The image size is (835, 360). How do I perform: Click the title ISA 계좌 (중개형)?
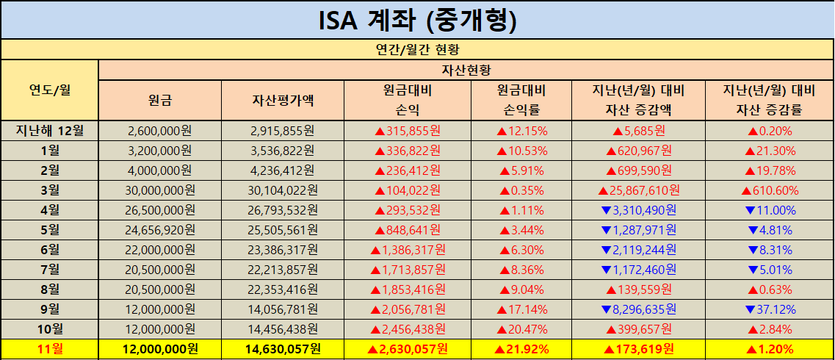click(417, 20)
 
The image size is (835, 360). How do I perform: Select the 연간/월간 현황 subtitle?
click(417, 50)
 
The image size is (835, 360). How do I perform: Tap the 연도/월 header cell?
click(49, 90)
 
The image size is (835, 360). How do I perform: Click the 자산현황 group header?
click(466, 71)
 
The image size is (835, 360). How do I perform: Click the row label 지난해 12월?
click(49, 131)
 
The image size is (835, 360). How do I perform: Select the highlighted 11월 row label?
click(49, 349)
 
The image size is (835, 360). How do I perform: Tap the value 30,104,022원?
click(283, 190)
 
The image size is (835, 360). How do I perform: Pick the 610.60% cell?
click(769, 190)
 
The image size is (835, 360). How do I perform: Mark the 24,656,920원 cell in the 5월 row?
click(159, 230)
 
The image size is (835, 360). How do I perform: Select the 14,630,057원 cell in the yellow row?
click(283, 349)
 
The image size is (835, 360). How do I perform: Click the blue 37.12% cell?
click(769, 309)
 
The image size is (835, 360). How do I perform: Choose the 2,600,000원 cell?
click(159, 131)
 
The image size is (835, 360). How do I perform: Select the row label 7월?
click(49, 270)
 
